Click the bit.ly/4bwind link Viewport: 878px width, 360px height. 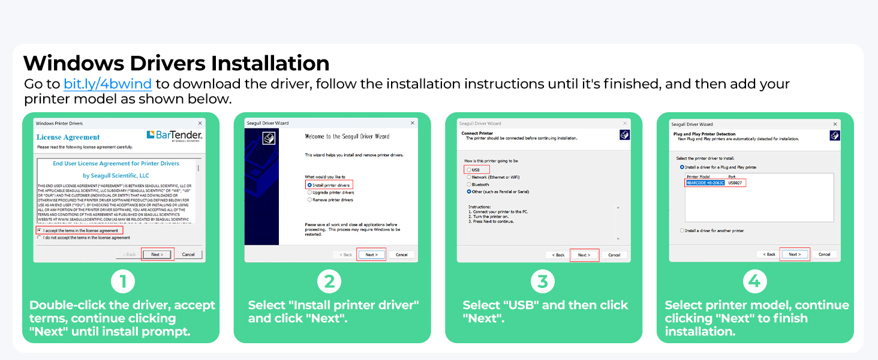[x=107, y=83]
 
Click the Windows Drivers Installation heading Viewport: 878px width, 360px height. [x=176, y=64]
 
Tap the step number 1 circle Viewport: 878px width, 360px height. [x=123, y=281]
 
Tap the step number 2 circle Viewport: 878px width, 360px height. [x=329, y=281]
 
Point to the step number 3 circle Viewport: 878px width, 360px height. [x=543, y=281]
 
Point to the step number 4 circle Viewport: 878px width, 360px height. [x=755, y=281]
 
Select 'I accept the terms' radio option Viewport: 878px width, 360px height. [x=40, y=230]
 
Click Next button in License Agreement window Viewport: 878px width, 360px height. [x=157, y=254]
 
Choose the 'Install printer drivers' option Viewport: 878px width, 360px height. [x=309, y=185]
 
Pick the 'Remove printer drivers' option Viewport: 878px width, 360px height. [x=309, y=200]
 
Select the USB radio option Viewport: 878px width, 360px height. [x=468, y=170]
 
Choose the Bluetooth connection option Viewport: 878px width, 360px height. [x=468, y=185]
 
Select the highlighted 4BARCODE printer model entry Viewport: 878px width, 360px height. [x=705, y=182]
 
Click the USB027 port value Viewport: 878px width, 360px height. [x=735, y=182]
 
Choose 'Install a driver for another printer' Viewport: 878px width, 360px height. [x=682, y=230]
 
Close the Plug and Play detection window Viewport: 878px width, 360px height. [x=835, y=124]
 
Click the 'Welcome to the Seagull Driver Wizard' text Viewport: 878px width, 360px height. [x=347, y=136]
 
